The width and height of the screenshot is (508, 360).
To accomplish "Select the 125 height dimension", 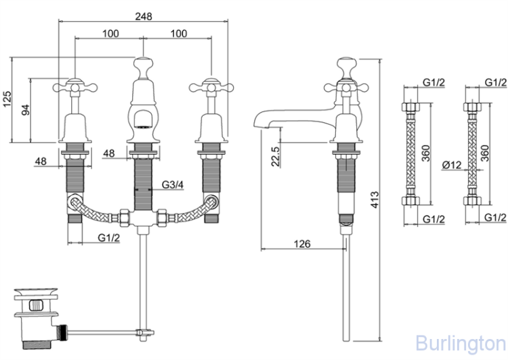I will pos(7,100).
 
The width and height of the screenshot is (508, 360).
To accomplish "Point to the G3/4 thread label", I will pos(173,185).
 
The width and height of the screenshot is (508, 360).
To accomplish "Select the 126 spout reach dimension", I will pos(302,242).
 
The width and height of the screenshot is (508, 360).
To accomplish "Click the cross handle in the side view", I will pos(347,86).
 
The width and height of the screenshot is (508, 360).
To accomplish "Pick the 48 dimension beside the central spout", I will pos(108,153).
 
